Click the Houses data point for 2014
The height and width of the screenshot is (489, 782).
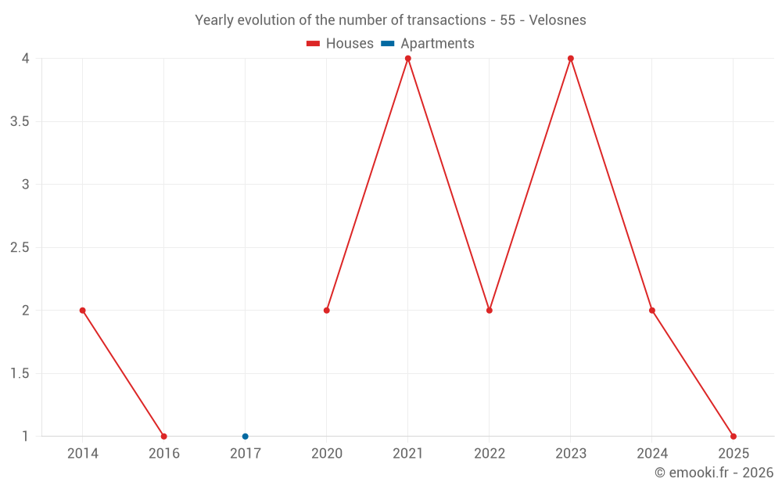coord(82,311)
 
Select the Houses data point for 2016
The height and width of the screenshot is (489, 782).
coord(163,437)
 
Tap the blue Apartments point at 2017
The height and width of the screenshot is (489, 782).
coord(245,437)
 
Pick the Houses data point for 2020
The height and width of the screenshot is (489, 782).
coord(327,311)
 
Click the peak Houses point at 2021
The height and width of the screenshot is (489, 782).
coord(408,59)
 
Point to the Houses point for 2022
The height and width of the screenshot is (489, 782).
coord(490,311)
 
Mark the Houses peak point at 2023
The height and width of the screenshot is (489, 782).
coord(571,59)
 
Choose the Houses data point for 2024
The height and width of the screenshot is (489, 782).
coord(652,311)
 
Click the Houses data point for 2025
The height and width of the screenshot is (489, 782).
coord(734,437)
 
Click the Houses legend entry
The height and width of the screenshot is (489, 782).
coord(340,44)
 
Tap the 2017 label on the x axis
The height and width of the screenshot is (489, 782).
coord(245,454)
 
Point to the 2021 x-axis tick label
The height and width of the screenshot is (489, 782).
coord(408,454)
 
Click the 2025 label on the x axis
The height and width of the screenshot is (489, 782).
coord(734,454)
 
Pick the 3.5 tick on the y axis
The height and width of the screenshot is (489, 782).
coord(20,121)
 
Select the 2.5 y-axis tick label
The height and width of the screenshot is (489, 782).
coord(20,247)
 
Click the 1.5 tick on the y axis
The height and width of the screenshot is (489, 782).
coord(20,373)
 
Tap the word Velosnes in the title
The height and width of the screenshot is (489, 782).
coord(557,20)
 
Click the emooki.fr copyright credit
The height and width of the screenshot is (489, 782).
coord(714,473)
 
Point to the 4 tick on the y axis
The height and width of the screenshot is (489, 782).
coord(26,59)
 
